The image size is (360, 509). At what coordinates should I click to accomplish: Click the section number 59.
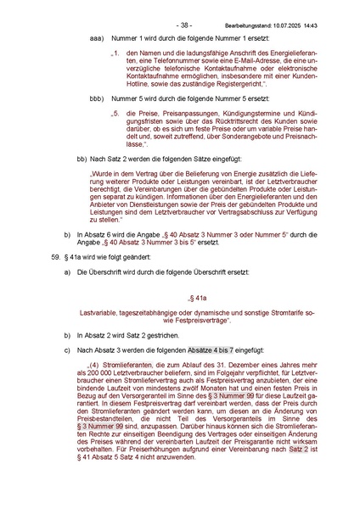click(x=56, y=255)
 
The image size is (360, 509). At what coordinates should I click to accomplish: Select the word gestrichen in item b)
click(x=169, y=337)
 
